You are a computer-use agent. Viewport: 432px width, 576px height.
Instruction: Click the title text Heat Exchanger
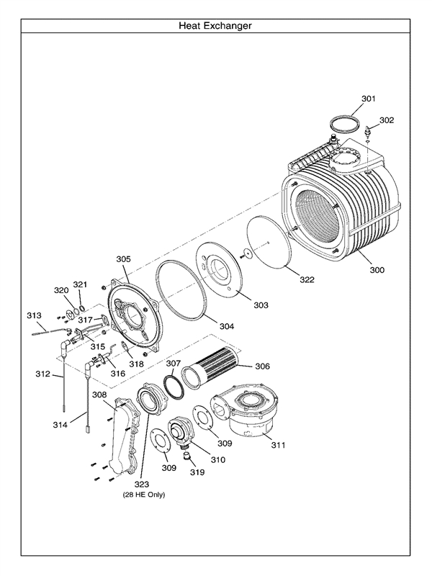point(215,26)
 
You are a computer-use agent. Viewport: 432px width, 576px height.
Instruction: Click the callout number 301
point(368,98)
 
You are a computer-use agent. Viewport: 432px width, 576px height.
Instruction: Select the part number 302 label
point(387,120)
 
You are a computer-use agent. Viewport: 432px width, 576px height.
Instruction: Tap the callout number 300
point(377,270)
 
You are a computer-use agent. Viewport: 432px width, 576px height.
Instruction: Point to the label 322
point(307,279)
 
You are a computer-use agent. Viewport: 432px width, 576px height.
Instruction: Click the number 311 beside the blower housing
point(277,445)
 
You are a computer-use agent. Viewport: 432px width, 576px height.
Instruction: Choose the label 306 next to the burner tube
point(261,366)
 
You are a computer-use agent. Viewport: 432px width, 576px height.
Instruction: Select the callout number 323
point(141,485)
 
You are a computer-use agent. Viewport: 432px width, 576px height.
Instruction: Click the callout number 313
point(34,315)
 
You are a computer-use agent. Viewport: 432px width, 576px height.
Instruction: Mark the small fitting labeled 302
point(368,132)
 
